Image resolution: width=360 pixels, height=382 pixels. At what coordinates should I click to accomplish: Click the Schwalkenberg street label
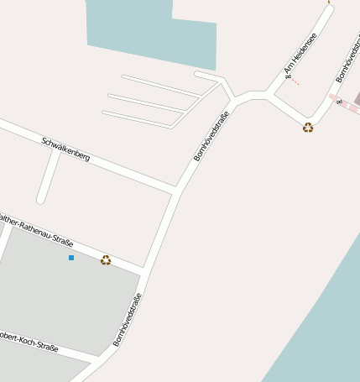click(x=65, y=149)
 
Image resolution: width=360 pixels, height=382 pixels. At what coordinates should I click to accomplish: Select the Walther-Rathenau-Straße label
click(x=38, y=228)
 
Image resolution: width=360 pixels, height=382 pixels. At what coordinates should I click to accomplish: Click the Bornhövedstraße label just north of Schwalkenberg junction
click(x=211, y=135)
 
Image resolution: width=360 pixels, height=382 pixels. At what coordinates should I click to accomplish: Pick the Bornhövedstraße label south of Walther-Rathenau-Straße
click(x=128, y=320)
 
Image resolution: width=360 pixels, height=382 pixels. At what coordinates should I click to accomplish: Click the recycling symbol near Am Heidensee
click(x=308, y=128)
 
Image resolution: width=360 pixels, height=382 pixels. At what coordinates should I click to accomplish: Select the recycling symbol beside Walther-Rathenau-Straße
click(x=106, y=260)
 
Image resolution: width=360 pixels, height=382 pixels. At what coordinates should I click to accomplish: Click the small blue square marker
click(x=71, y=258)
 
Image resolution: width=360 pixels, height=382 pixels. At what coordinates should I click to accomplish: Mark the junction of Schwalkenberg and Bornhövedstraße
click(x=176, y=191)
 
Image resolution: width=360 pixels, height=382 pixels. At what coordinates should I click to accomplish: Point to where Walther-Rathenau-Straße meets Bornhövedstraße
click(x=143, y=270)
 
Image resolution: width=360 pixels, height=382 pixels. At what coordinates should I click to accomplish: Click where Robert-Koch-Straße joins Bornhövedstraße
click(x=100, y=359)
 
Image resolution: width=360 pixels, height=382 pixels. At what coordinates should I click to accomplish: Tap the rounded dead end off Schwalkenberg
click(x=40, y=200)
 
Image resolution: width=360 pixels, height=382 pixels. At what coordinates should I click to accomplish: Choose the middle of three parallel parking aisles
click(x=147, y=102)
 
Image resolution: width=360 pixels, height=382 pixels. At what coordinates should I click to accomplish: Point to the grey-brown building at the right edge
click(x=357, y=99)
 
